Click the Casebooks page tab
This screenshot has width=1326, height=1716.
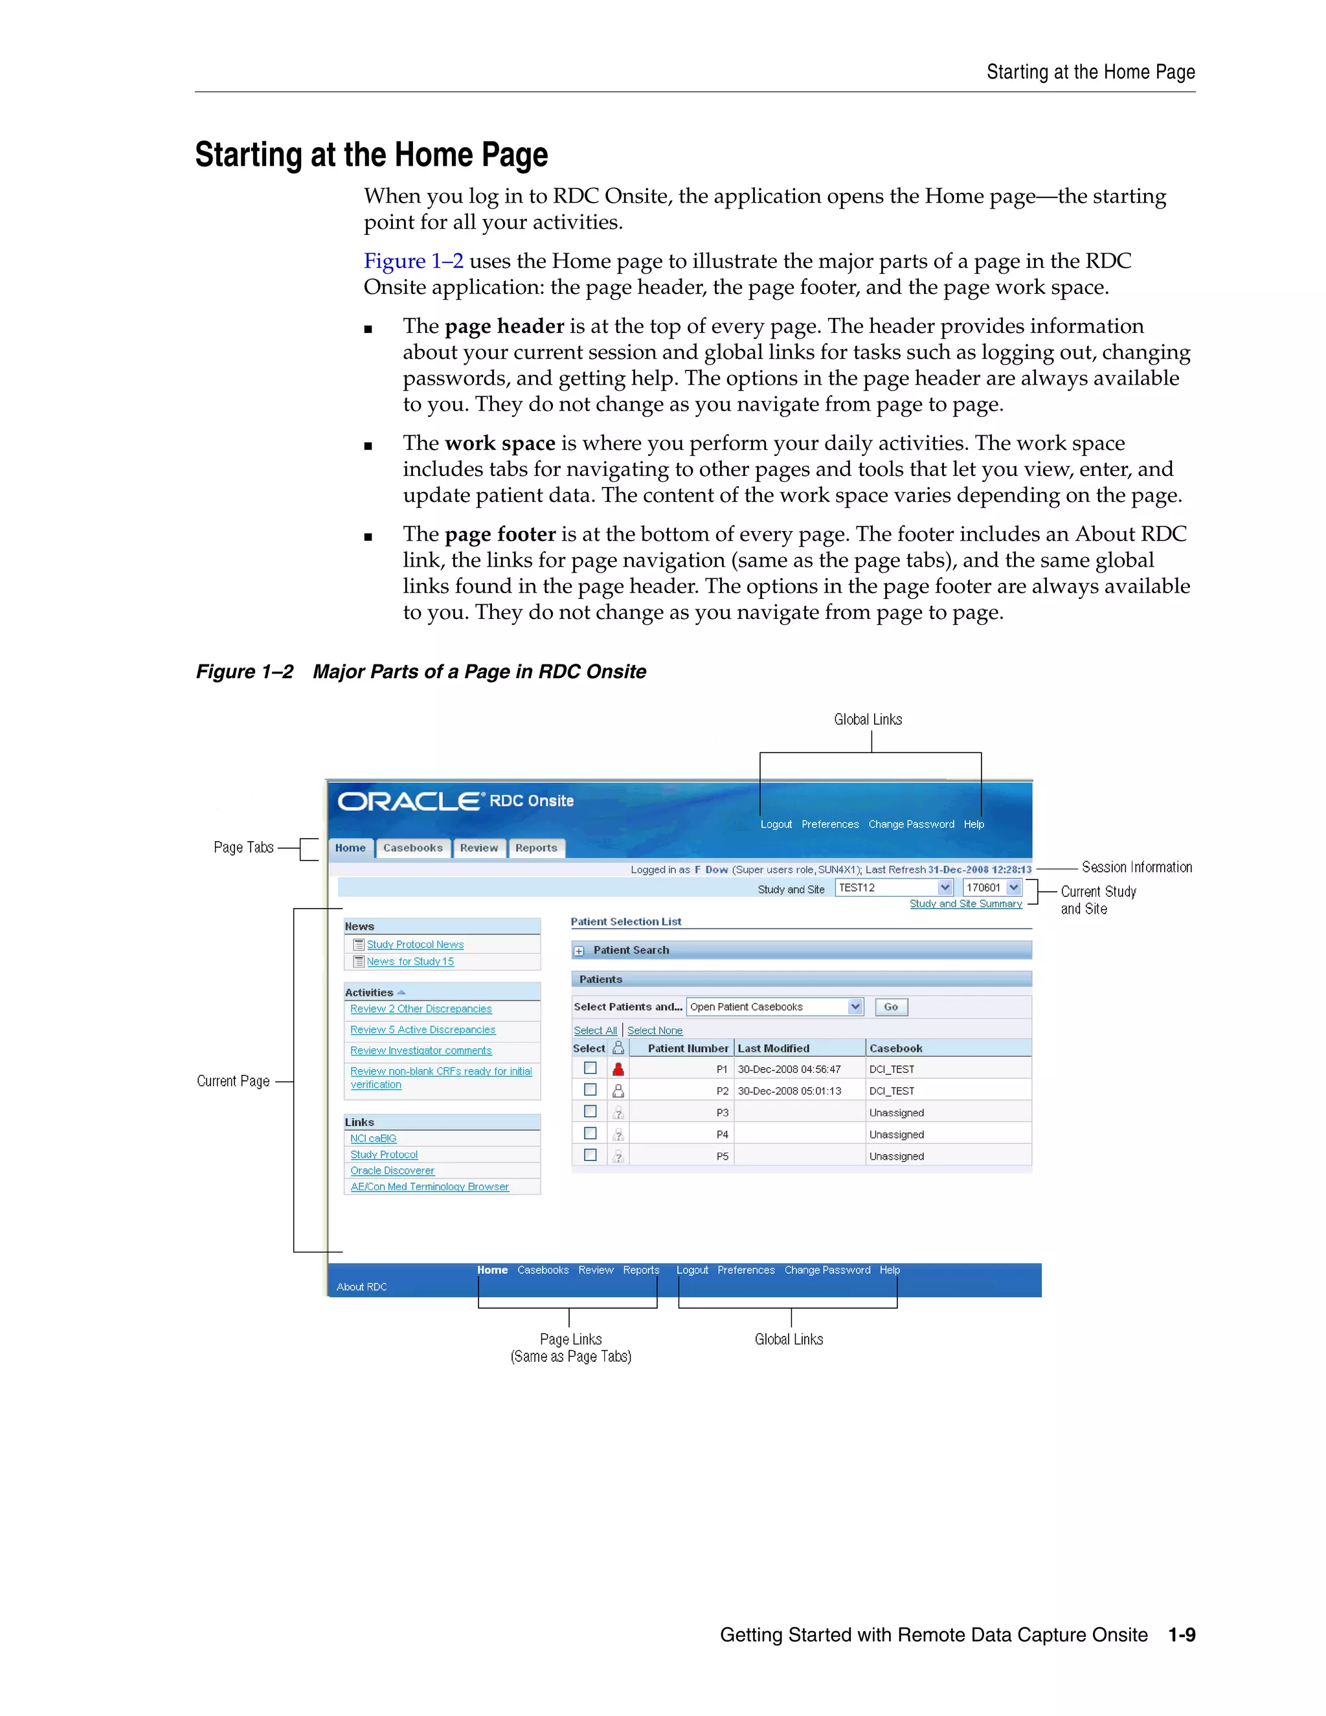click(x=412, y=848)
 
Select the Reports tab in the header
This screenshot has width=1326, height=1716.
click(x=535, y=848)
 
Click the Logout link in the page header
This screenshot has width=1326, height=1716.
click(x=775, y=824)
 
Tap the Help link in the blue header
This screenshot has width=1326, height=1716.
click(x=973, y=824)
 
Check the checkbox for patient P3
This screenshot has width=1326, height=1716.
click(x=590, y=1112)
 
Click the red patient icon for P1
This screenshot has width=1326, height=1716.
click(x=618, y=1069)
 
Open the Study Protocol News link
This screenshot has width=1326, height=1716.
click(x=415, y=944)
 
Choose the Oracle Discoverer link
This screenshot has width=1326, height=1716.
click(x=392, y=1171)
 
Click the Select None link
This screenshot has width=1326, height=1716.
click(x=655, y=1030)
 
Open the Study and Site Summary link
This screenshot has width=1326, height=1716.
click(x=965, y=903)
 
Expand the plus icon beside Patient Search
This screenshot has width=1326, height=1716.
click(x=579, y=951)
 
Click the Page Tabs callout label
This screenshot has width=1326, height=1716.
click(x=243, y=848)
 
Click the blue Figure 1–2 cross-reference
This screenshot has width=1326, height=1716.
click(x=413, y=261)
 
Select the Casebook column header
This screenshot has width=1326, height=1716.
click(x=895, y=1048)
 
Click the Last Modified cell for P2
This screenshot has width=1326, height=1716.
click(x=789, y=1091)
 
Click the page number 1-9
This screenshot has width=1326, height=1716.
click(x=1181, y=1635)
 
